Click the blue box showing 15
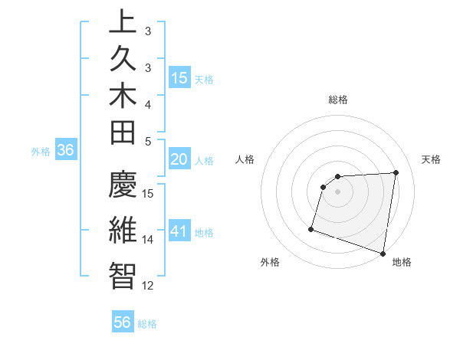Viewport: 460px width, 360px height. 179,78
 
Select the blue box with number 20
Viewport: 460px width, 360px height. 179,159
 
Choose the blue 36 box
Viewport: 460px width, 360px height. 66,151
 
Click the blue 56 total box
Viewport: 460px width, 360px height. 123,322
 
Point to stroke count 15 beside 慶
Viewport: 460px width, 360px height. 149,193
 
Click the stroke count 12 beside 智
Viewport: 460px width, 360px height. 149,286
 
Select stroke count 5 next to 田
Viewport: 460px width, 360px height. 148,141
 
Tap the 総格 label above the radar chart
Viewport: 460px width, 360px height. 338,100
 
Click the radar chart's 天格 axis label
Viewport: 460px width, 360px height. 431,159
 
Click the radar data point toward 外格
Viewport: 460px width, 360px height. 311,228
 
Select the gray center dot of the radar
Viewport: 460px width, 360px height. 337,191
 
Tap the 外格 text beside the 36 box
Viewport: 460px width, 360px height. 41,152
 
